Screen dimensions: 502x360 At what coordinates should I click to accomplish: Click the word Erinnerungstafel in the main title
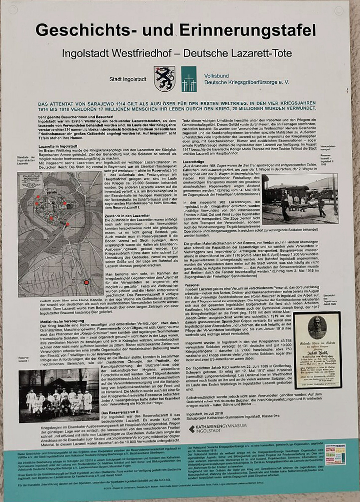253,30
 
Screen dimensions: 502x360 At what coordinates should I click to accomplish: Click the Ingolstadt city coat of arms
164,79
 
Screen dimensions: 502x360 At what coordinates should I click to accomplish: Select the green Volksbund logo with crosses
189,79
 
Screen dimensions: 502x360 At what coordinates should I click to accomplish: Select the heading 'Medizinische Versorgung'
61,335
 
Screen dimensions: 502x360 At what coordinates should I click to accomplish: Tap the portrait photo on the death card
317,328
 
